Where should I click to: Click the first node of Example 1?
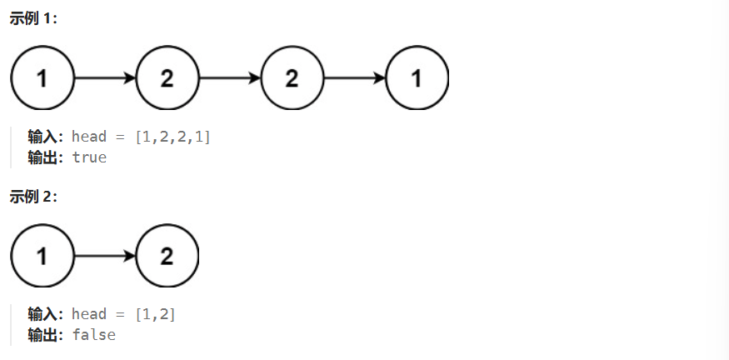click(x=42, y=78)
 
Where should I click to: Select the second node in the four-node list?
click(x=167, y=78)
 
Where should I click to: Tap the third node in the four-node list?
click(x=292, y=78)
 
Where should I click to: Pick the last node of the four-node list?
click(x=417, y=78)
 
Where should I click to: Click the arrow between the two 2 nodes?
click(x=229, y=78)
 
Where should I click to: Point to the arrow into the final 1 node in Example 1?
click(x=354, y=78)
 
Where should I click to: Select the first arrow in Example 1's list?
click(x=105, y=78)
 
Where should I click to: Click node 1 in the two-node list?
click(x=42, y=256)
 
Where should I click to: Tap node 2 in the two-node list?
click(x=167, y=256)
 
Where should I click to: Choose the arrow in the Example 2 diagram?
click(x=105, y=256)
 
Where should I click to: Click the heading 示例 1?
click(x=34, y=19)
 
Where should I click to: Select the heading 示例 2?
click(x=34, y=197)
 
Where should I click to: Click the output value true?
click(x=89, y=157)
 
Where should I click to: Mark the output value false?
click(x=93, y=334)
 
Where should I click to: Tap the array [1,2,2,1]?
click(x=172, y=136)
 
